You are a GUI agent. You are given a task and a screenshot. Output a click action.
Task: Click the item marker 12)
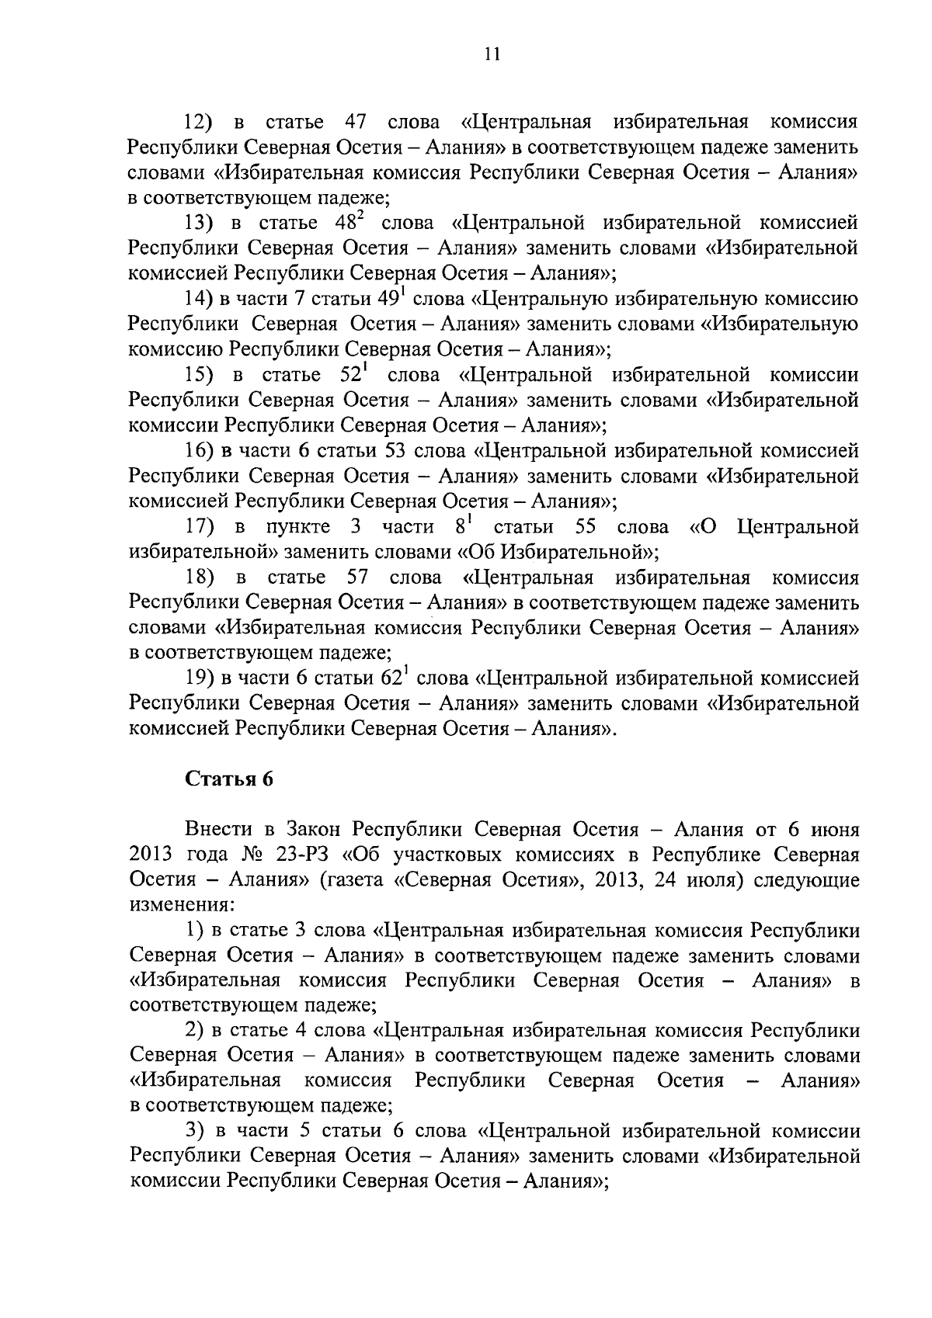point(198,123)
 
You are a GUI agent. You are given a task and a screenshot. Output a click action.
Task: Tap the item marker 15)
point(198,376)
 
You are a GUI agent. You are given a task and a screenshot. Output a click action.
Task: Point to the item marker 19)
point(200,678)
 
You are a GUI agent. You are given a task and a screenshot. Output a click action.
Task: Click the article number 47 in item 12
point(355,123)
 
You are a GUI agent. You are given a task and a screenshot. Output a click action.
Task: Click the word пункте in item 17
point(298,527)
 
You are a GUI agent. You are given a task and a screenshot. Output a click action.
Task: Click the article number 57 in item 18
point(355,578)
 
